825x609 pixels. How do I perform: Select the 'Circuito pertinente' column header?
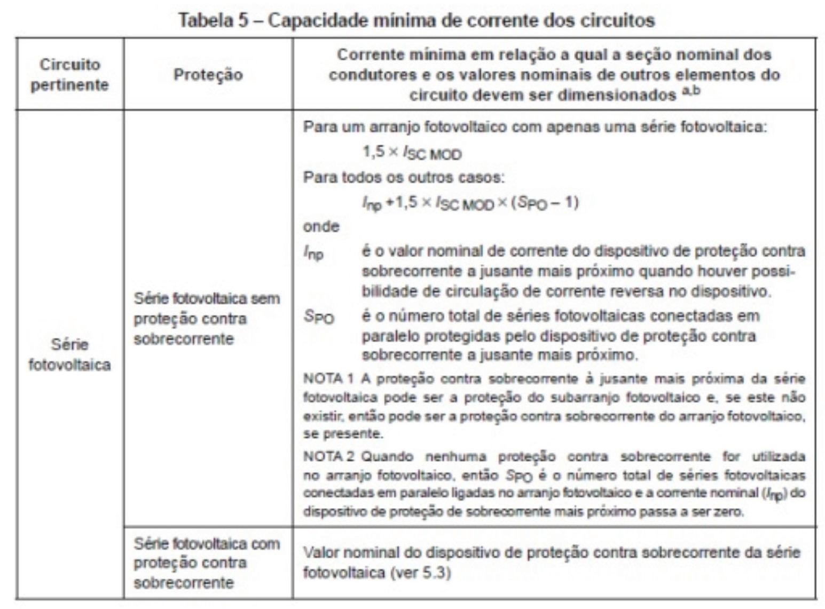(x=69, y=74)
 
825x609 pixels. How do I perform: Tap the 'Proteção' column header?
(x=208, y=74)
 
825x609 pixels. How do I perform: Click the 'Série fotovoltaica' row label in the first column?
(x=69, y=354)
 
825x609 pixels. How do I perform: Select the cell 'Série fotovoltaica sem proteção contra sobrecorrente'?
(x=207, y=319)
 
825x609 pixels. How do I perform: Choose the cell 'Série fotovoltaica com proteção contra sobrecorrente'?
(x=207, y=563)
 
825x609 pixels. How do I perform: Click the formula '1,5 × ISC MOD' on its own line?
(x=412, y=153)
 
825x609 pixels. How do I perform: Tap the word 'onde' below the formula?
(x=321, y=226)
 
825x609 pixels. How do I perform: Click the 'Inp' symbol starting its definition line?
(x=313, y=252)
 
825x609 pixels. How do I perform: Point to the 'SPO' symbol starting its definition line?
(x=319, y=317)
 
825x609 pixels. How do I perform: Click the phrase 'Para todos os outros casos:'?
(x=403, y=177)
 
